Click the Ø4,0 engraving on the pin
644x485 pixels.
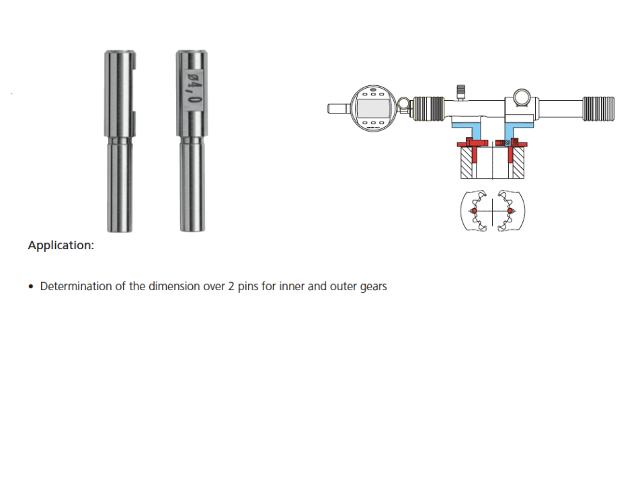tap(193, 87)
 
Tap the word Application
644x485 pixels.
tap(61, 245)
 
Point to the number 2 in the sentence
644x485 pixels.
tap(231, 286)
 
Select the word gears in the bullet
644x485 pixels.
tap(373, 287)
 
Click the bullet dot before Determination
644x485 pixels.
tap(31, 286)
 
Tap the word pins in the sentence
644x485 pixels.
tap(248, 287)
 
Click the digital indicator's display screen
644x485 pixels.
tap(373, 108)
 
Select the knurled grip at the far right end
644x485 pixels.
tap(598, 109)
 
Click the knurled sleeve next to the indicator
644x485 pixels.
tap(429, 109)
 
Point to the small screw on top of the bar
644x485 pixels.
tap(461, 92)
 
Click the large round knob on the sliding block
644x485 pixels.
tap(521, 97)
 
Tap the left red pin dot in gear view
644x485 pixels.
tap(474, 211)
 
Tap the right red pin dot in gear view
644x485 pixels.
tap(510, 211)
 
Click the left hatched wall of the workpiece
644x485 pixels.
tap(467, 163)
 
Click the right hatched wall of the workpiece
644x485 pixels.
tap(518, 163)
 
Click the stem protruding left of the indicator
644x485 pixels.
tap(338, 108)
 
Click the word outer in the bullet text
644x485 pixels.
tap(342, 286)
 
